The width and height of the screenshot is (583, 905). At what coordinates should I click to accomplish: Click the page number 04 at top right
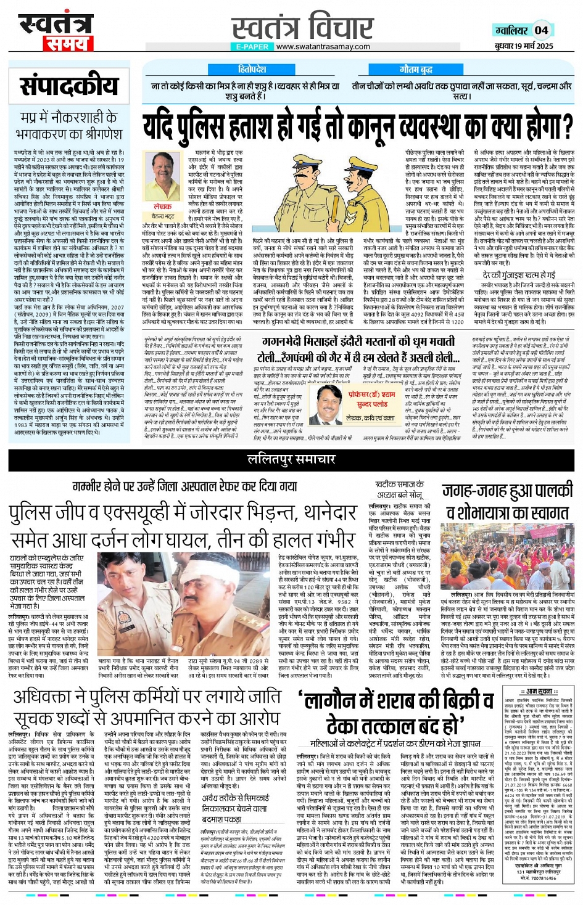[x=541, y=30]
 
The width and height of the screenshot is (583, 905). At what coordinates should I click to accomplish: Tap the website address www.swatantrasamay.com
[x=323, y=46]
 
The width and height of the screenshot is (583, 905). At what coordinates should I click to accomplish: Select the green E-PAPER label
[x=252, y=46]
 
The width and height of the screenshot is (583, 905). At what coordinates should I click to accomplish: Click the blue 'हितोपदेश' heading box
[x=251, y=70]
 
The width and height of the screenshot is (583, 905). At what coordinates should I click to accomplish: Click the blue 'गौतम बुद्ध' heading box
[x=415, y=70]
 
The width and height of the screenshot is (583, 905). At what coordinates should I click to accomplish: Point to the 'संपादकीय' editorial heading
[x=68, y=86]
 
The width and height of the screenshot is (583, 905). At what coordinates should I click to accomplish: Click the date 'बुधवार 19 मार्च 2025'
[x=523, y=46]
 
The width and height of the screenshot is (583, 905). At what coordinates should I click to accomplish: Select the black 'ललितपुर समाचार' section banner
[x=291, y=459]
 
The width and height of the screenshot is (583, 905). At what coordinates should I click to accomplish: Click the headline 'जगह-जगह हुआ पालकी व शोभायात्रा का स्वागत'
[x=508, y=501]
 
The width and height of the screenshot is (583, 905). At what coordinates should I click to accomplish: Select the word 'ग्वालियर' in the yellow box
[x=512, y=30]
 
